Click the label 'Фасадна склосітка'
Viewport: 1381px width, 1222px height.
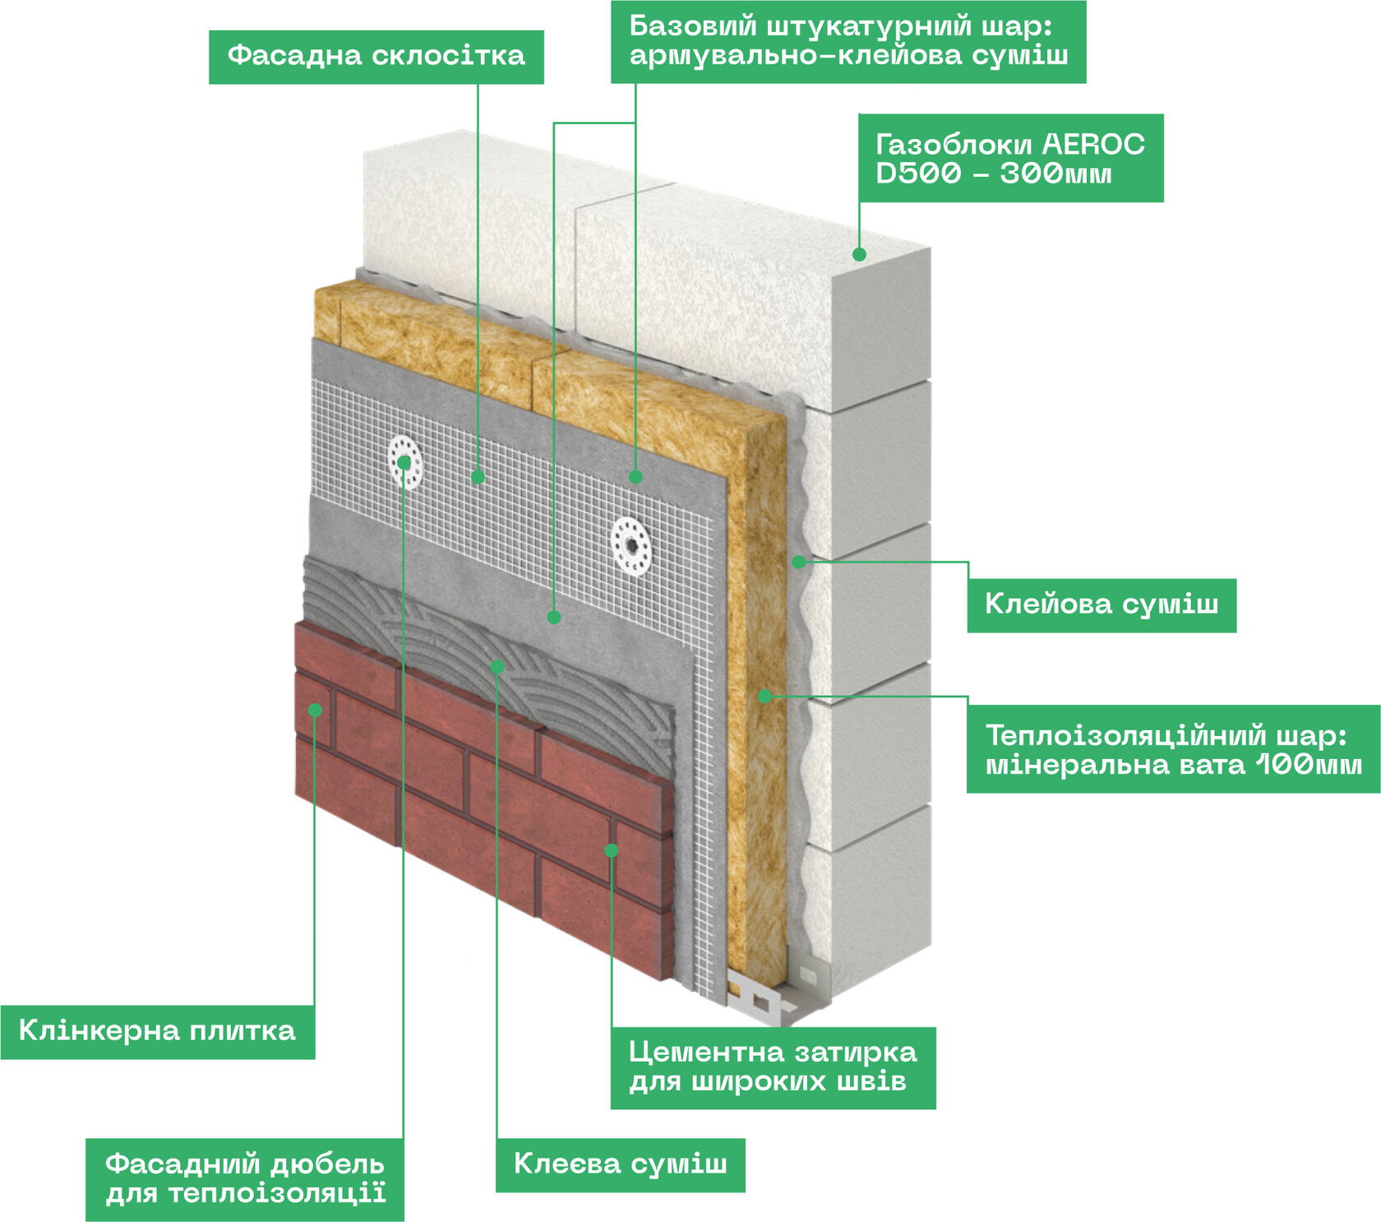(376, 56)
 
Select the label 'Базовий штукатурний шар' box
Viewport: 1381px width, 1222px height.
(848, 41)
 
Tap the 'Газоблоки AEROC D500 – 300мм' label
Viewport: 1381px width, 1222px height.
(1010, 158)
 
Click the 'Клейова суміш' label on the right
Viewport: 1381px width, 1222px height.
(1101, 604)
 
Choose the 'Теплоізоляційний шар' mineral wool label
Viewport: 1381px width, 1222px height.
(1172, 749)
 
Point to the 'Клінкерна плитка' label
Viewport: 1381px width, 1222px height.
(157, 1031)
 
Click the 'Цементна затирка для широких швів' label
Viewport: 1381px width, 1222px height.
(772, 1067)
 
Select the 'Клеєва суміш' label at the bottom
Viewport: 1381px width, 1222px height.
(620, 1164)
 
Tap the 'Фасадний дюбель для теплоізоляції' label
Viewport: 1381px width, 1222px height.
(244, 1178)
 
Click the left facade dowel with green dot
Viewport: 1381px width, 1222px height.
(404, 462)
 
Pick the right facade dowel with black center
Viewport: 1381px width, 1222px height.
(630, 544)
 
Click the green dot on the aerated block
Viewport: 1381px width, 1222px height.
(859, 254)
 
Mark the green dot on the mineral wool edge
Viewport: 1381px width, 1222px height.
(764, 696)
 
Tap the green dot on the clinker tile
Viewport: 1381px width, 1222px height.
(315, 710)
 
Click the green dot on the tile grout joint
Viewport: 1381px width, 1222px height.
(611, 849)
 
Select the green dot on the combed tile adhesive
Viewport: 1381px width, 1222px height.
(497, 667)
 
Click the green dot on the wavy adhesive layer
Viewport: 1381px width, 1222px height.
(798, 562)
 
